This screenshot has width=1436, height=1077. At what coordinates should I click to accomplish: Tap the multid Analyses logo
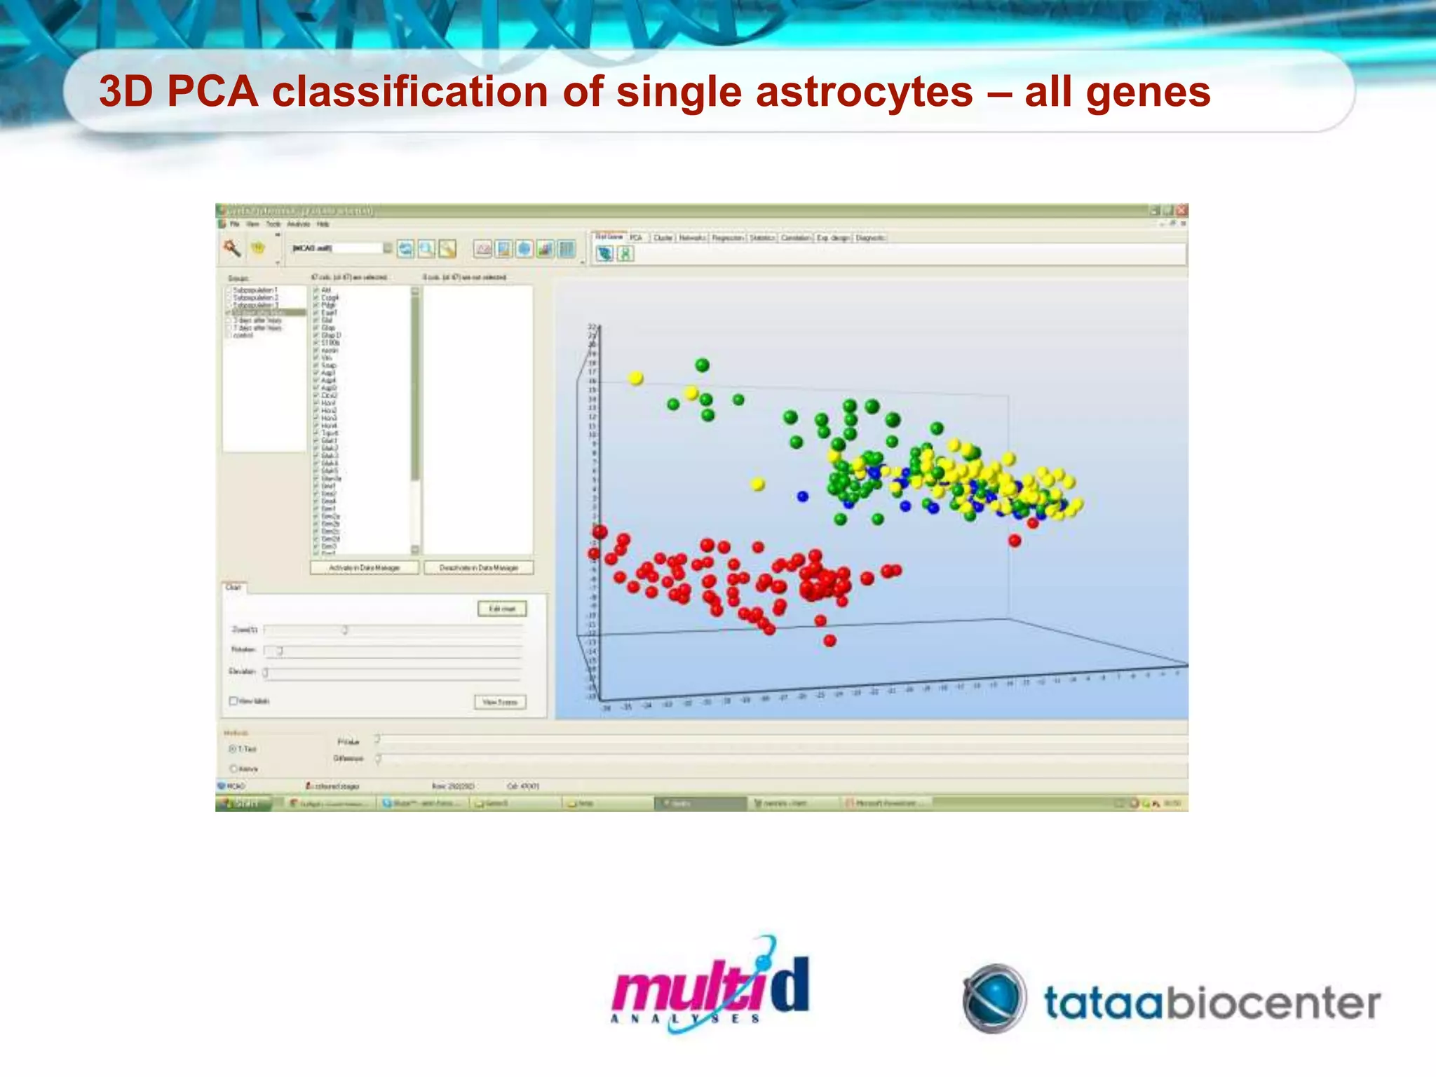[x=710, y=985]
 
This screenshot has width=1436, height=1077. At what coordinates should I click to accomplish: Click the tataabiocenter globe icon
[x=994, y=999]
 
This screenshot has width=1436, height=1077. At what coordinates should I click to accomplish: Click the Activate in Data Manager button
[x=365, y=567]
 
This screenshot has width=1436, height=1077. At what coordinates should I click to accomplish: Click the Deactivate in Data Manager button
[x=478, y=567]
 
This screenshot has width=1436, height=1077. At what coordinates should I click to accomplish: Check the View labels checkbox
[x=233, y=700]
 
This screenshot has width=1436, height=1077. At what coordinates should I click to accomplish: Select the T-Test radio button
[x=233, y=749]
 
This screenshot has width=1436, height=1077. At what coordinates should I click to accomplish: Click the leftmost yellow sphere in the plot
[x=635, y=378]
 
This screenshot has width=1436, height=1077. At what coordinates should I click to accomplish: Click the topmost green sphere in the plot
[x=702, y=365]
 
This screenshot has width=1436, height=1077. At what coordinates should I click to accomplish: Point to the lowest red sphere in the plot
[x=829, y=640]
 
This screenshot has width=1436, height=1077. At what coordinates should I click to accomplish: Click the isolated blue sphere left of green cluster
[x=802, y=496]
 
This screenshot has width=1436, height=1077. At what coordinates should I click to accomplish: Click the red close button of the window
[x=1181, y=210]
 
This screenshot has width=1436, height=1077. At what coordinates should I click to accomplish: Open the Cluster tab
[x=662, y=238]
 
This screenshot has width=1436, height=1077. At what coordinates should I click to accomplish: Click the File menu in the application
[x=235, y=224]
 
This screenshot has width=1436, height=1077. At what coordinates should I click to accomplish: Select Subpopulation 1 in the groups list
[x=255, y=290]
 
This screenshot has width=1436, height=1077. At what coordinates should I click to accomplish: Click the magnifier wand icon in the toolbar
[x=232, y=248]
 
